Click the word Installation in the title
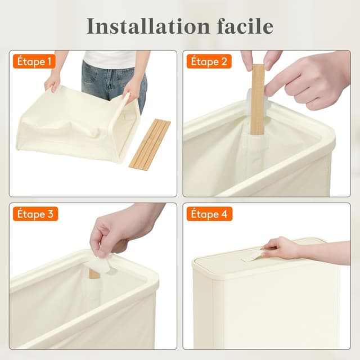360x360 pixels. (x=140, y=26)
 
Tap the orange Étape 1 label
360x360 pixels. (x=34, y=61)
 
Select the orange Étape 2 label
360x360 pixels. (x=209, y=61)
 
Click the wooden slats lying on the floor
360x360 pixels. (x=149, y=144)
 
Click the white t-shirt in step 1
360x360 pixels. (x=110, y=58)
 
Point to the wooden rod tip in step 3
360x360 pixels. (x=94, y=273)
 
